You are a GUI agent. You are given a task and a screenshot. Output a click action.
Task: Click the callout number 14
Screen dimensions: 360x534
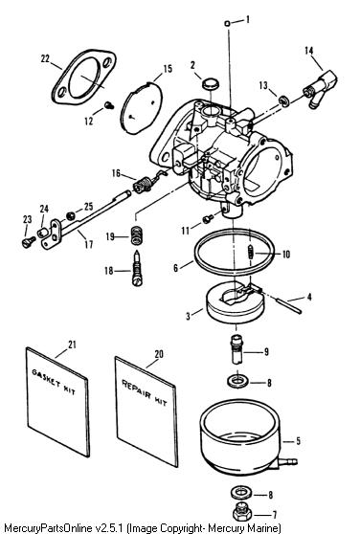click(308, 51)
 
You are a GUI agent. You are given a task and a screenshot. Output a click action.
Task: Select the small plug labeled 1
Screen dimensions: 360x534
click(228, 23)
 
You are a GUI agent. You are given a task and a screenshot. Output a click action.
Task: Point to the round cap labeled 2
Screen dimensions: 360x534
click(211, 84)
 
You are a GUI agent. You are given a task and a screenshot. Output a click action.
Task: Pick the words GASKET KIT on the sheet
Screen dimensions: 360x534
click(54, 382)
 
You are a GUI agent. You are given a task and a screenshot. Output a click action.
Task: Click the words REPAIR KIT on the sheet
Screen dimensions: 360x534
click(145, 392)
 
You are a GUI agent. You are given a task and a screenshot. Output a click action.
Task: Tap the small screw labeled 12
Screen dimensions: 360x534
click(109, 105)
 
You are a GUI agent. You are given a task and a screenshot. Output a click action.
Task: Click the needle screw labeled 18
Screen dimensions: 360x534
click(137, 268)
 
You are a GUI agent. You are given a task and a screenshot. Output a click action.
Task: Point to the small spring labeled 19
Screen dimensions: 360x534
click(136, 235)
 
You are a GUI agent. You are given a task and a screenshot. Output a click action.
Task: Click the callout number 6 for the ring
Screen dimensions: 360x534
click(175, 268)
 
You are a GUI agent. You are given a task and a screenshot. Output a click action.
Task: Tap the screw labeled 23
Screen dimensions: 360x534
click(29, 242)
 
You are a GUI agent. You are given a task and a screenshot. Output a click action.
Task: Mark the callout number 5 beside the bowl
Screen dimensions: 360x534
click(298, 441)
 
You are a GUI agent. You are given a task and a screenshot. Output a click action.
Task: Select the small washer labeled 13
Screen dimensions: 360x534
click(283, 101)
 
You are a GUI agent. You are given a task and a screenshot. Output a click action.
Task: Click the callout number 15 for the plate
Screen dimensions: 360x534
click(168, 69)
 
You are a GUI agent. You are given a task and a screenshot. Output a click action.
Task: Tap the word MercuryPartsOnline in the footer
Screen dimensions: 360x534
click(47, 528)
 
